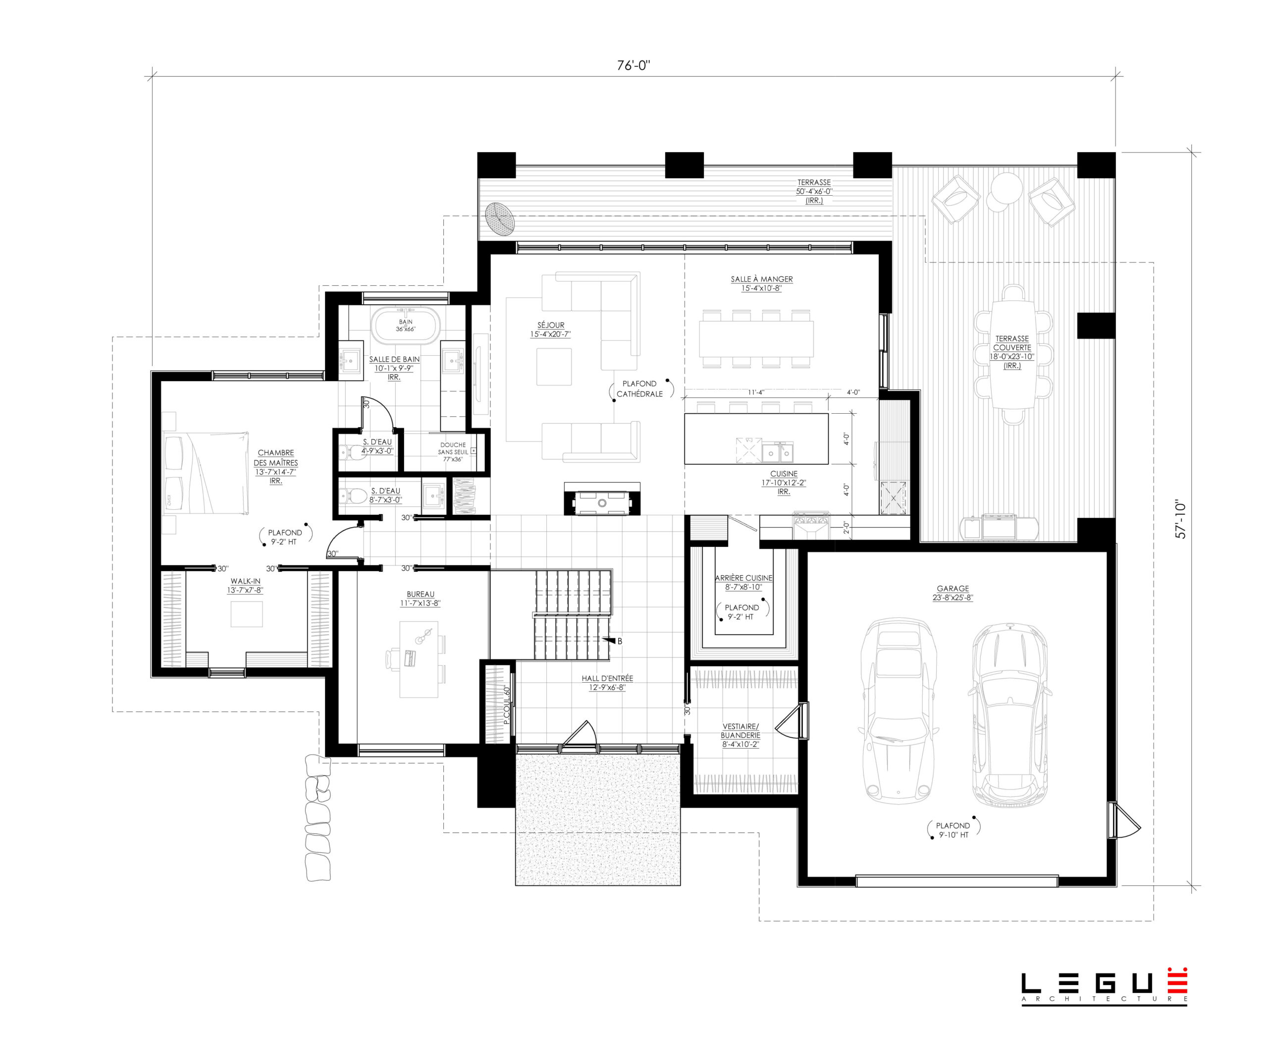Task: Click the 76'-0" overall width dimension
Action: (x=634, y=65)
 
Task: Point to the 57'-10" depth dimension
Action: (x=1181, y=519)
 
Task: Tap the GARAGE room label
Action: (x=953, y=588)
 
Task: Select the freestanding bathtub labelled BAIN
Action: (x=406, y=326)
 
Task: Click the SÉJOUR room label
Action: (x=551, y=325)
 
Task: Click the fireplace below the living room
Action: (x=602, y=498)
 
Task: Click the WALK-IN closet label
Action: (x=245, y=581)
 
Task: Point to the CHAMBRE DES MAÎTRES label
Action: (x=275, y=458)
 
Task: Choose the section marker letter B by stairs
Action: (x=620, y=641)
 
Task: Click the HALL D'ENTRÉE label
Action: (x=607, y=679)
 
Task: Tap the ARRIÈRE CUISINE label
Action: (x=743, y=578)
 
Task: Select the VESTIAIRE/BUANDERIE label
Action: (x=740, y=731)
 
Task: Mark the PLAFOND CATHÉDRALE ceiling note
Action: (x=639, y=388)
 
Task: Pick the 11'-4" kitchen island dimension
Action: (x=756, y=393)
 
